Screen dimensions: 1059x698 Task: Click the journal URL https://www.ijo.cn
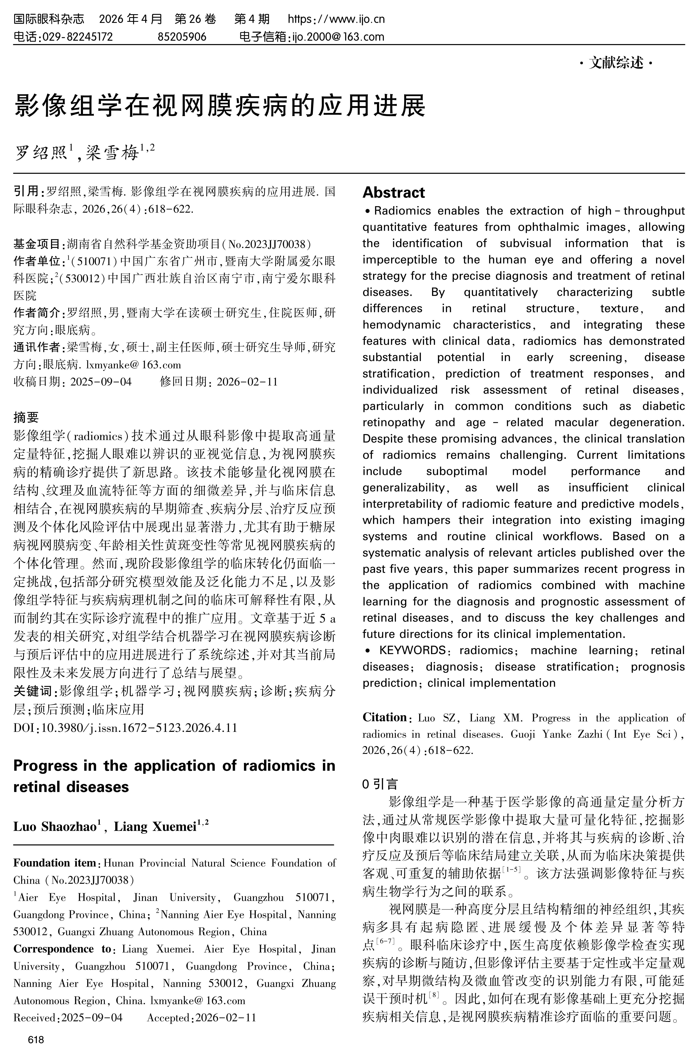pos(336,19)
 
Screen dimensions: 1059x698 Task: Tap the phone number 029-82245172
pos(77,36)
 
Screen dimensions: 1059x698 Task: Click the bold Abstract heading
pos(394,192)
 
